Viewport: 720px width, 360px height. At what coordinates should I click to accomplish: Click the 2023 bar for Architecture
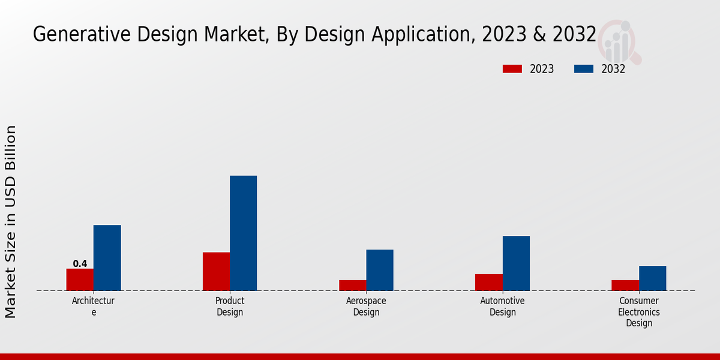point(80,280)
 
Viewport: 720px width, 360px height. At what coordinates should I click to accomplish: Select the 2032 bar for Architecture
point(107,258)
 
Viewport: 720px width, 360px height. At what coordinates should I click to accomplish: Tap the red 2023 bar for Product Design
point(216,271)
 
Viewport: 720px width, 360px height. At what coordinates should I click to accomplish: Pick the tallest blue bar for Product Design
point(243,233)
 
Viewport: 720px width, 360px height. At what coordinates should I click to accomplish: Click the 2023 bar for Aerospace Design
point(352,285)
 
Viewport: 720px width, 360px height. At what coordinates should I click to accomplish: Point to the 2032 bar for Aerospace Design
point(380,270)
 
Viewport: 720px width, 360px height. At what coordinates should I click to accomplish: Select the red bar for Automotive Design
point(488,282)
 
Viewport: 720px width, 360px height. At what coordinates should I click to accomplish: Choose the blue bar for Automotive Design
point(516,263)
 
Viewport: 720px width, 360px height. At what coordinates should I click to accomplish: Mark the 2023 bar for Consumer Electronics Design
point(625,285)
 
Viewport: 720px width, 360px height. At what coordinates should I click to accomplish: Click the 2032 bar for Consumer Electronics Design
point(652,278)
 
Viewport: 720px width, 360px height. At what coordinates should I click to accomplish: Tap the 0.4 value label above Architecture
point(80,263)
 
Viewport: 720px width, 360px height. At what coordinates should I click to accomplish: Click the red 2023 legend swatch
point(512,69)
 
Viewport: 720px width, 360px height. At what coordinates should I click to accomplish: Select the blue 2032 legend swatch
point(583,69)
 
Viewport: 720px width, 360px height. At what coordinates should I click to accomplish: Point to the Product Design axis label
point(230,306)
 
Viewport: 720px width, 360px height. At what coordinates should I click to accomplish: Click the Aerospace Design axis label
point(366,306)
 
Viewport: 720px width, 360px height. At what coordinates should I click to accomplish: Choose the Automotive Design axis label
point(502,306)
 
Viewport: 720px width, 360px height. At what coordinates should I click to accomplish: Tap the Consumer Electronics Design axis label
point(639,312)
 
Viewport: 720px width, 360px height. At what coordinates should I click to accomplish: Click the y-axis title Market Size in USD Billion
point(11,221)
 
